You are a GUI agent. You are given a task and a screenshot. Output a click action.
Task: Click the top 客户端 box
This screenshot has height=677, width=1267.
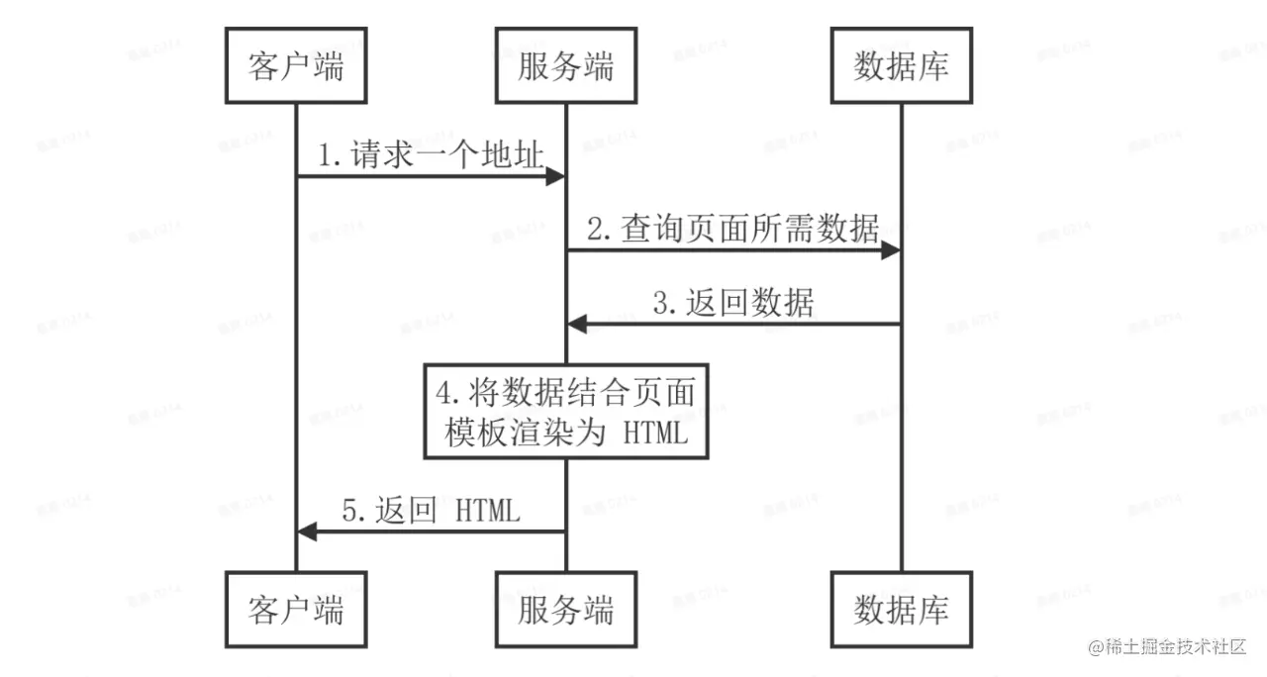coord(296,67)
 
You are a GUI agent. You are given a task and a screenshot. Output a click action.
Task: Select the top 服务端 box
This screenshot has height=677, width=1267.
coord(565,67)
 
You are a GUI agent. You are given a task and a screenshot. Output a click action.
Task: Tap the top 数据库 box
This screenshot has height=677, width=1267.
coord(901,67)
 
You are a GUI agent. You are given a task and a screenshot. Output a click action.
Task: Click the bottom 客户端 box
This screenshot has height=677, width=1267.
coord(296,608)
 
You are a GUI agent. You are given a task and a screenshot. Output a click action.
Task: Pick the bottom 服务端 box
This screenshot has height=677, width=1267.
coord(565,608)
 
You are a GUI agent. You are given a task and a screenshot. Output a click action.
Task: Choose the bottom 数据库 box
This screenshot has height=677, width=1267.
coord(901,608)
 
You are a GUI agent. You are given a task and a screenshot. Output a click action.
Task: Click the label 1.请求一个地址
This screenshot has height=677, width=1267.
coord(431,155)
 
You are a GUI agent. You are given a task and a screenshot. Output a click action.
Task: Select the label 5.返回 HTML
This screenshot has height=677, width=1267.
coord(431,512)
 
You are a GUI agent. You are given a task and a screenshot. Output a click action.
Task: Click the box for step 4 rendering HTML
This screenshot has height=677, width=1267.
coord(566,412)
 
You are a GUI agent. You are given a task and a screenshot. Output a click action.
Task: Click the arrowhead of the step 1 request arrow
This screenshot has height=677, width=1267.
coord(555,176)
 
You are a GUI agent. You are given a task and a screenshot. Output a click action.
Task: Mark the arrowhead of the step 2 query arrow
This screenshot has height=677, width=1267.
coord(890,251)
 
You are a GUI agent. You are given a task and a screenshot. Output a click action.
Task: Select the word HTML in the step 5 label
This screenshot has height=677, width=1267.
coord(487,512)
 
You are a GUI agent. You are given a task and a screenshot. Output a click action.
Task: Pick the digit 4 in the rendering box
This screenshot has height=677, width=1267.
coord(444,392)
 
